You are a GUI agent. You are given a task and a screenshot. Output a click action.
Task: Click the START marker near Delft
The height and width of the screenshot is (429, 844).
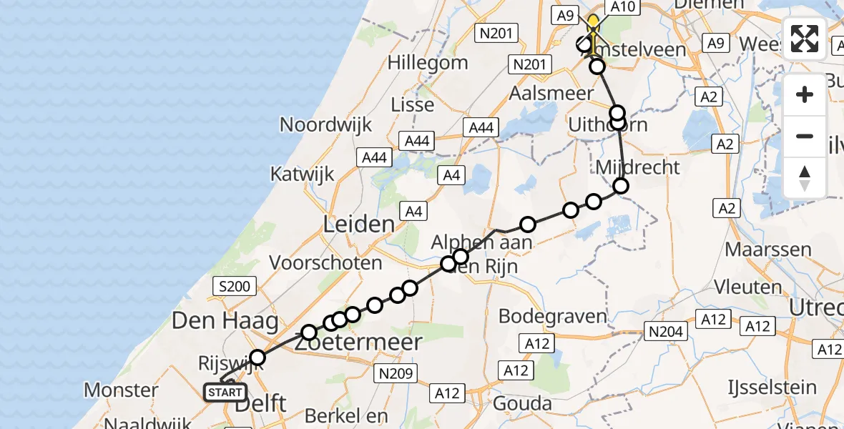pyautogui.click(x=225, y=393)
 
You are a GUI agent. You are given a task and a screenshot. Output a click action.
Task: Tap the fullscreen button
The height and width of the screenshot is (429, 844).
pyautogui.click(x=805, y=39)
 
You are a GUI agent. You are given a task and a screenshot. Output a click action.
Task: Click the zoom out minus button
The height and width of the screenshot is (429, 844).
pyautogui.click(x=805, y=136)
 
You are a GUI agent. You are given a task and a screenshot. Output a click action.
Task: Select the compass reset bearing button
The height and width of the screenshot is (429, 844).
pyautogui.click(x=805, y=177)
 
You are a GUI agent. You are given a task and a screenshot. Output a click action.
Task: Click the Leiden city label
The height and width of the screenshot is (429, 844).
pyautogui.click(x=359, y=224)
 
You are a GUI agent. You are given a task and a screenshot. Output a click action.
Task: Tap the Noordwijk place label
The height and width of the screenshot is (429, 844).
pyautogui.click(x=325, y=124)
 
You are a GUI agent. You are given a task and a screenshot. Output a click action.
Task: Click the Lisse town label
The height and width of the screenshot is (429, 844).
pyautogui.click(x=413, y=105)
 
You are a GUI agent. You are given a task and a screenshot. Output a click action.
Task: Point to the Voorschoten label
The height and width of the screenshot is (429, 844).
pyautogui.click(x=325, y=263)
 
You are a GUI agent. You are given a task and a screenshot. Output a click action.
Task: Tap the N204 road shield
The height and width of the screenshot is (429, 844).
pyautogui.click(x=664, y=331)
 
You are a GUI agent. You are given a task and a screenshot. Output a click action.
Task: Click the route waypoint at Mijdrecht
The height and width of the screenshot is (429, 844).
pyautogui.click(x=621, y=186)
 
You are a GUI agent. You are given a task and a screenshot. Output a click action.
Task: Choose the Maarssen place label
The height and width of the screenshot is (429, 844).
pyautogui.click(x=768, y=250)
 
